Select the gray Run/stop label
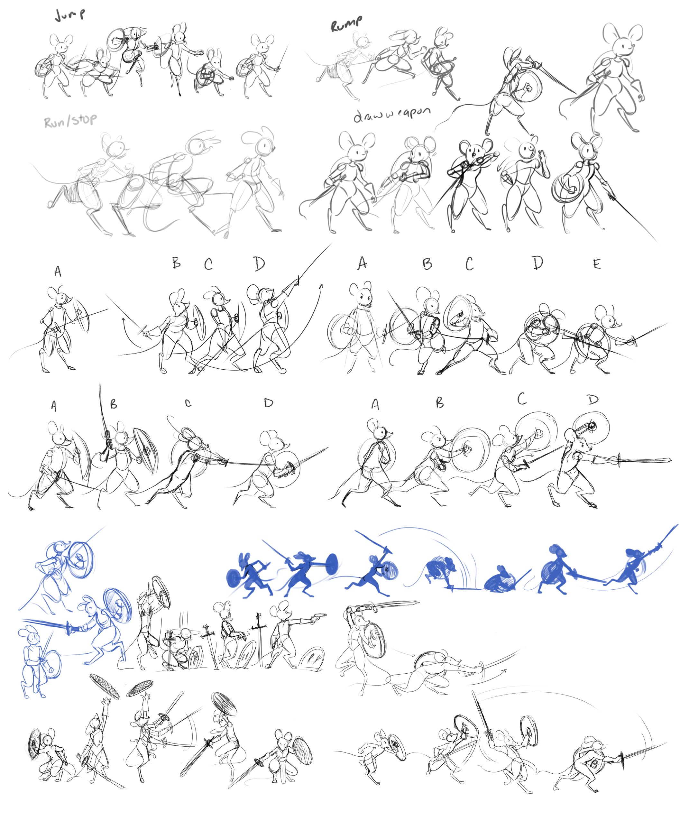point(70,121)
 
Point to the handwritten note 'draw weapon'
point(391,114)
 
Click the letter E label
point(597,264)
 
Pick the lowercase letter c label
point(188,403)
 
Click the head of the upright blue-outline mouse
point(31,637)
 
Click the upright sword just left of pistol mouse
point(259,642)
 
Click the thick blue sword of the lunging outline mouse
point(45,624)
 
